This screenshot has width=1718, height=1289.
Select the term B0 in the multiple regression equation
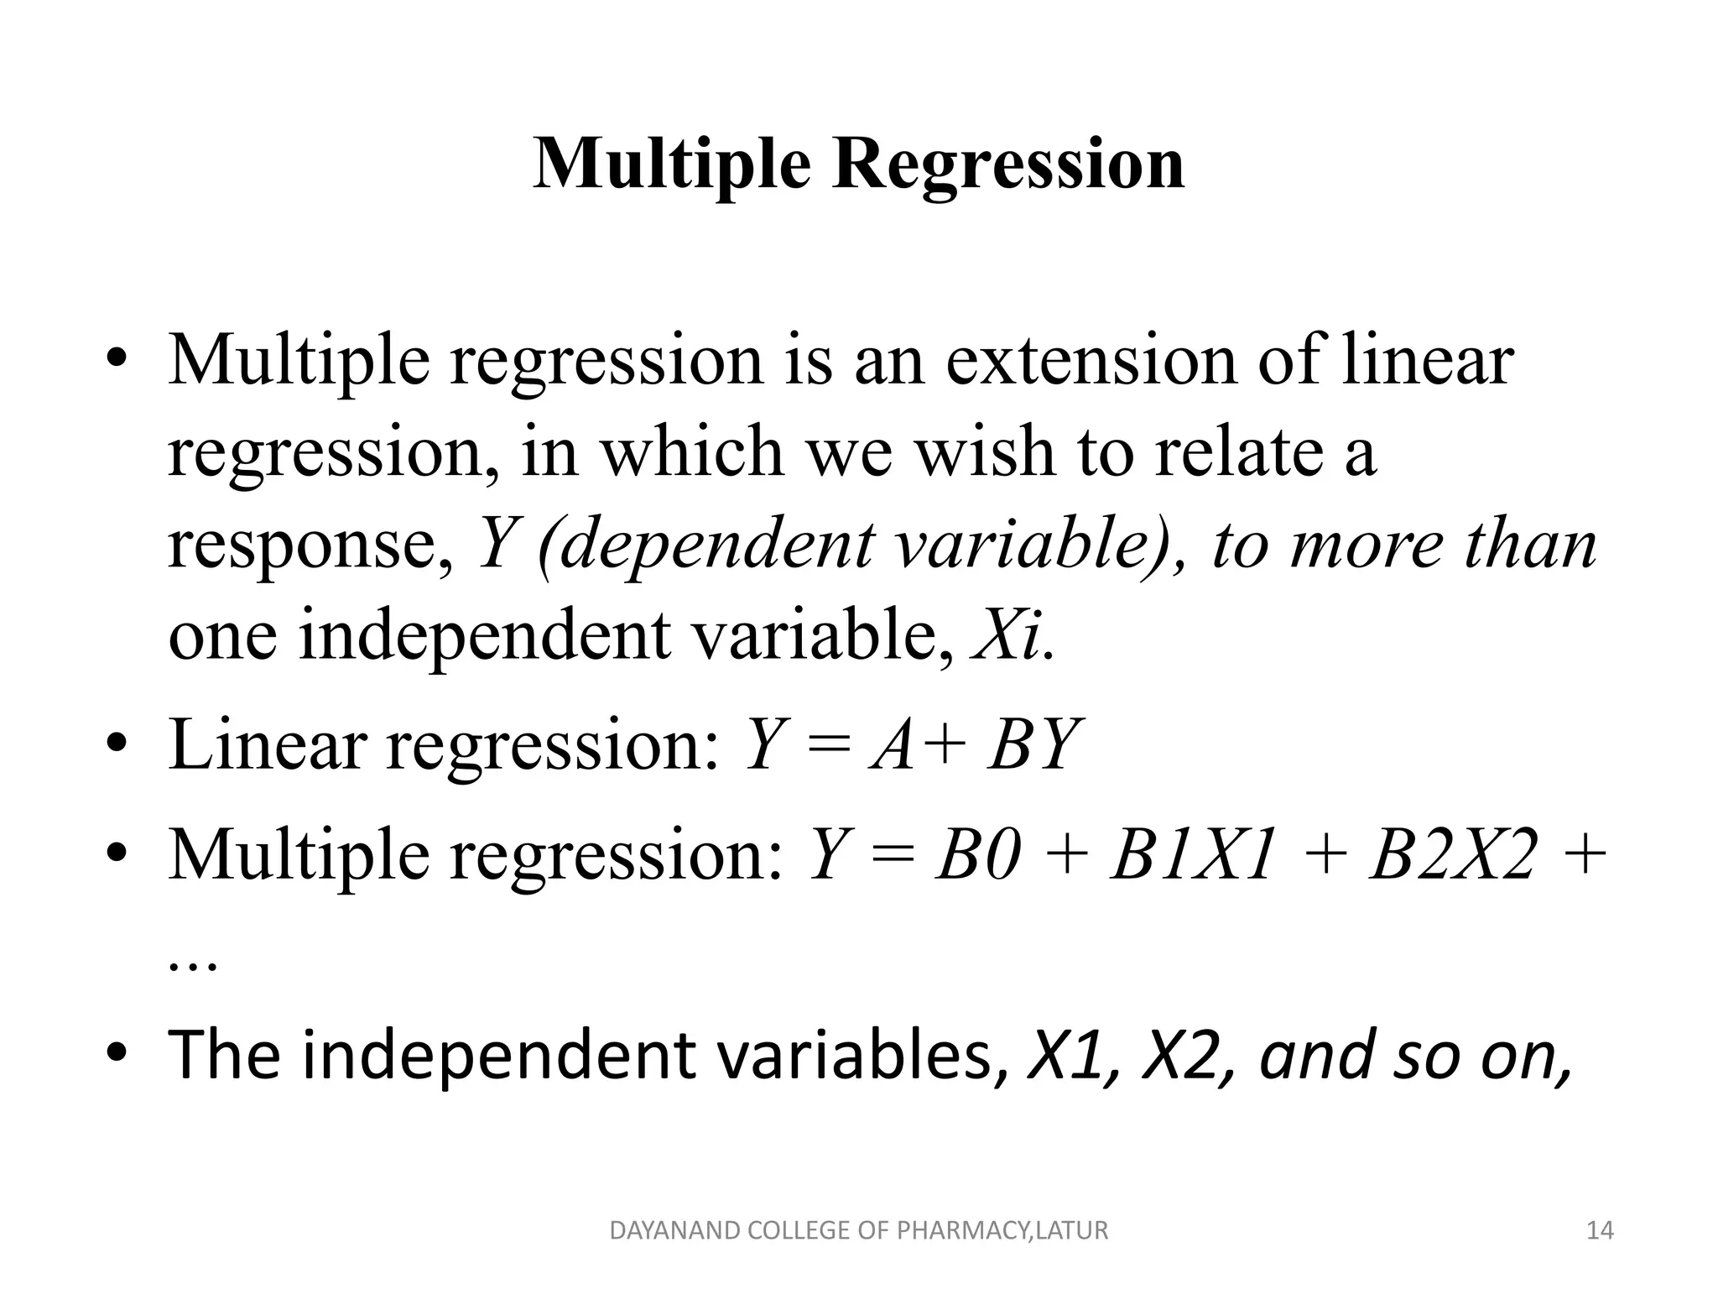click(x=979, y=856)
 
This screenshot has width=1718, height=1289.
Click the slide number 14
click(x=1601, y=1231)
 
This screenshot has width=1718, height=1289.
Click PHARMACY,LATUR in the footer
click(x=1002, y=1231)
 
